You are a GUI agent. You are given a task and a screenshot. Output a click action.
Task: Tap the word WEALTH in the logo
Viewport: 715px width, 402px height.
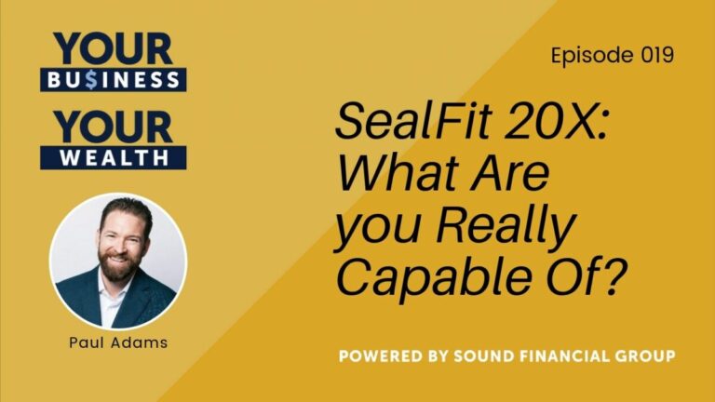113,157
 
